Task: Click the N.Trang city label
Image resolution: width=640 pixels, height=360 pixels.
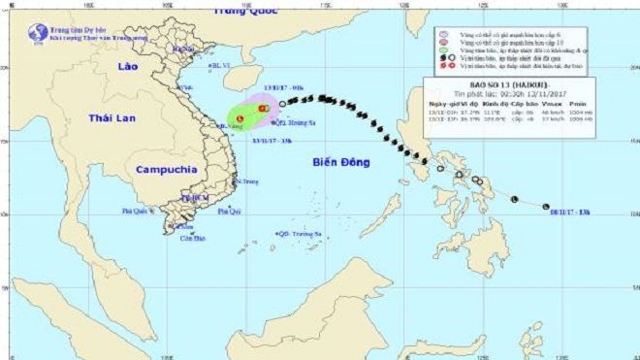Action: (247, 181)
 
